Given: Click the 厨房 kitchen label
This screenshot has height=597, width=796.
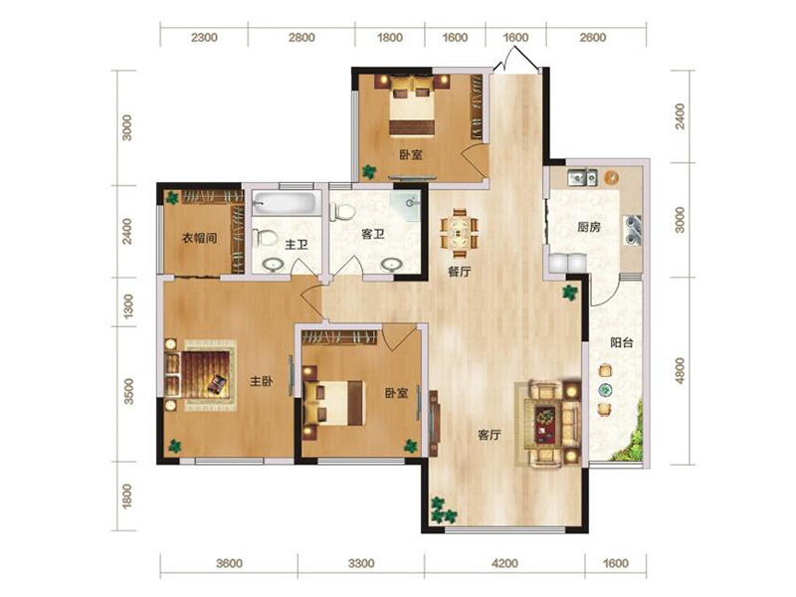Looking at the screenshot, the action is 589,227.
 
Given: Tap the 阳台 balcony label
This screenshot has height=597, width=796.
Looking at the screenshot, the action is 621,342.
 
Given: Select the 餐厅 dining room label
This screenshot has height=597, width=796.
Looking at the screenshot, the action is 459,272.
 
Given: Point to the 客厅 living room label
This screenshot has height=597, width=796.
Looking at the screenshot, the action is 490,435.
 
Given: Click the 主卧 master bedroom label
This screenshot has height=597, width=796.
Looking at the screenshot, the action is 262,381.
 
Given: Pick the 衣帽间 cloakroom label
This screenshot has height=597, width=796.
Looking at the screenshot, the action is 200,238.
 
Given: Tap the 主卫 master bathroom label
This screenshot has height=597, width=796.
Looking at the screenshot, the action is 297,245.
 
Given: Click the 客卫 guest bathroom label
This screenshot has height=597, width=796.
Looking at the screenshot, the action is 372,234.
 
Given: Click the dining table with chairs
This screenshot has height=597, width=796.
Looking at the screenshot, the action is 460,234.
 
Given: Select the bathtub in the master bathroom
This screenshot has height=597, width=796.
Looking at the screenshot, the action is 286,203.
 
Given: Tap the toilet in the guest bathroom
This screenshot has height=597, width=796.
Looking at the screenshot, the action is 342,212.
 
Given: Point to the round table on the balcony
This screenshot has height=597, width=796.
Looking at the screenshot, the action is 605,389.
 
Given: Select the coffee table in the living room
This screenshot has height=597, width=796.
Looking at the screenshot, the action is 546,424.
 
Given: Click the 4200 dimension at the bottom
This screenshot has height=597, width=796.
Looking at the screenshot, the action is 505,563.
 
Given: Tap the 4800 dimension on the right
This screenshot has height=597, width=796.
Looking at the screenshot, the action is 681,370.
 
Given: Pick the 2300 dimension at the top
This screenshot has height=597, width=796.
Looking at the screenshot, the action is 204,37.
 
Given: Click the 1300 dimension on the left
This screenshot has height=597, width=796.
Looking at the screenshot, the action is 128,306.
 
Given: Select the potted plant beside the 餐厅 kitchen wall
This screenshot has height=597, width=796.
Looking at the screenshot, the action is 569,293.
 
